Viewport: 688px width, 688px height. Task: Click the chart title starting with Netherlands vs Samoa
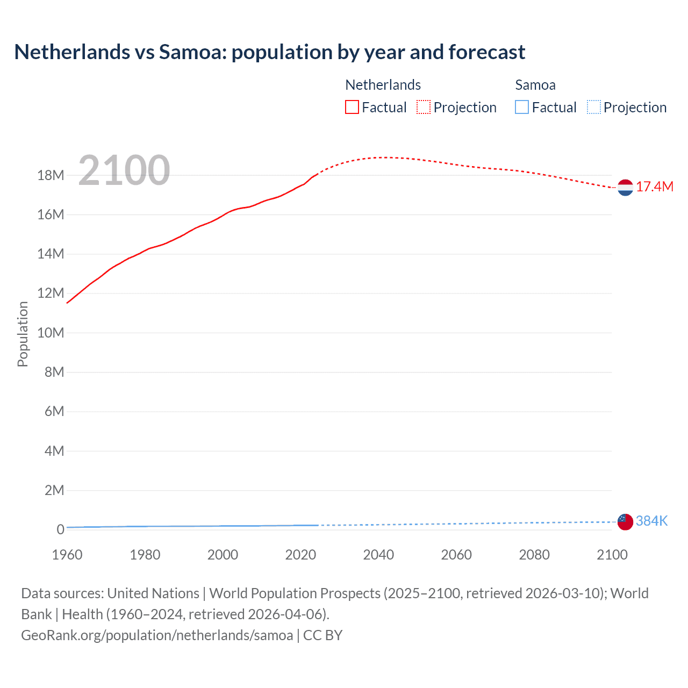pos(269,52)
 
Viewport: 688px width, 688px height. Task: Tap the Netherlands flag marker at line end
pos(625,188)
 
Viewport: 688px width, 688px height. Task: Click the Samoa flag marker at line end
pos(625,521)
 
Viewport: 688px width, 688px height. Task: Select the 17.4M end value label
pos(654,187)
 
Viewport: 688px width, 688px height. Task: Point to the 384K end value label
pos(651,521)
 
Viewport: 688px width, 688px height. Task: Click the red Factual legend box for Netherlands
pos(352,107)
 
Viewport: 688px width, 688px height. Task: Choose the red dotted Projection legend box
pos(424,107)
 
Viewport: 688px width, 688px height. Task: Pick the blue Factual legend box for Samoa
pos(522,107)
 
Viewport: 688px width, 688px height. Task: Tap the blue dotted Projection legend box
pos(593,107)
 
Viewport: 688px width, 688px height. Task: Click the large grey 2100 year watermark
pos(124,170)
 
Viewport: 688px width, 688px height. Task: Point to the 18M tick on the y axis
pos(51,175)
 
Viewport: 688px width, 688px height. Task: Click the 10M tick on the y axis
pos(51,333)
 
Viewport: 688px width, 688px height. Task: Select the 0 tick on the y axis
pos(60,529)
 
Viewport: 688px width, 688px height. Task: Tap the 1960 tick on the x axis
pos(67,555)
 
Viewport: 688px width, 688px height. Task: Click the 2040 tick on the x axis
pos(378,555)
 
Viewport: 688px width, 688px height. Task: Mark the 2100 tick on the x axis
pos(612,555)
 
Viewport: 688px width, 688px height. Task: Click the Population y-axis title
pos(23,334)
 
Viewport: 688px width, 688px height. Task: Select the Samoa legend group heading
pos(535,85)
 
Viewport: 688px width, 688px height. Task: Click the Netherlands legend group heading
pos(383,85)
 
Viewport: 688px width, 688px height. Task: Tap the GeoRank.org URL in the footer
pos(157,635)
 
